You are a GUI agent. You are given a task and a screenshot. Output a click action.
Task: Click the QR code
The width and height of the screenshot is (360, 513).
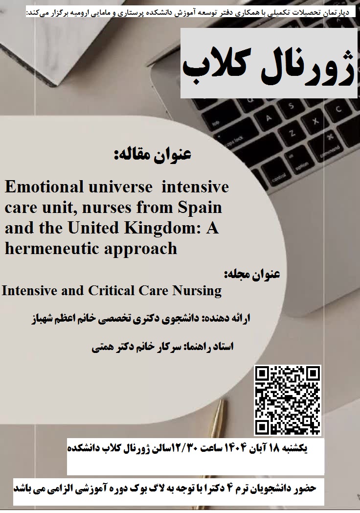(x=288, y=400)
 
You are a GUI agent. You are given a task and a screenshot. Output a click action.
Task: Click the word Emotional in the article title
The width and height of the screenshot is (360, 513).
(x=44, y=187)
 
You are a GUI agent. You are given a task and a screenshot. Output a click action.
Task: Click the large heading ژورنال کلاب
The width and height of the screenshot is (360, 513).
(x=268, y=68)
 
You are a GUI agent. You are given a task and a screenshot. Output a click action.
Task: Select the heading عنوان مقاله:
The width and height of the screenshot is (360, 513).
(x=153, y=154)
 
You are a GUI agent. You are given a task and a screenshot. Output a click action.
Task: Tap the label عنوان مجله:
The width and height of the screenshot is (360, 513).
(x=252, y=274)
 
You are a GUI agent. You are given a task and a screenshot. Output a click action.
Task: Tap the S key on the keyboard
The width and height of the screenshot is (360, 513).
(x=291, y=106)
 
